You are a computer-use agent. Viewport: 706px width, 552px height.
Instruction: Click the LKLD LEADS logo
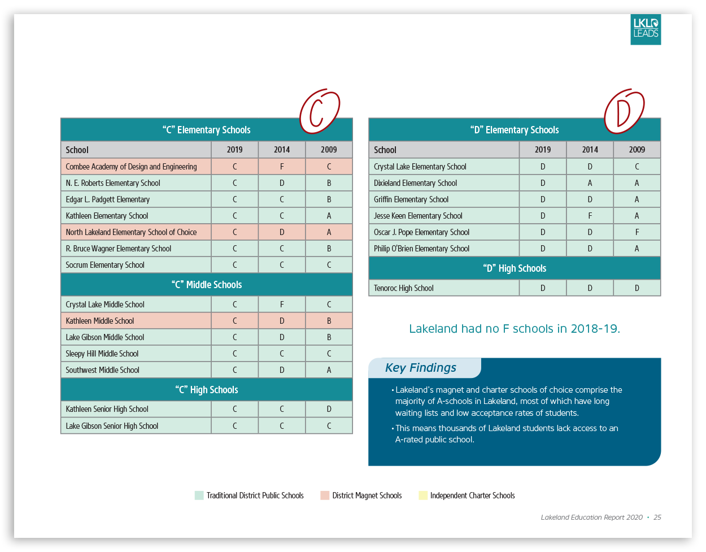click(x=646, y=29)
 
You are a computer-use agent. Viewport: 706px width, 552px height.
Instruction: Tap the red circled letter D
click(x=624, y=111)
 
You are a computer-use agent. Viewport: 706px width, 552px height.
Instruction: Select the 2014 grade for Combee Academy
click(x=282, y=167)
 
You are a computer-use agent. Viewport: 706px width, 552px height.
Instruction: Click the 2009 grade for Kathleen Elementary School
click(x=329, y=216)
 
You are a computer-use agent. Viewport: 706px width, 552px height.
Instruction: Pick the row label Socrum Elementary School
click(x=105, y=265)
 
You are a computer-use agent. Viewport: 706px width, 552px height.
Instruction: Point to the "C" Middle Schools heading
click(x=207, y=285)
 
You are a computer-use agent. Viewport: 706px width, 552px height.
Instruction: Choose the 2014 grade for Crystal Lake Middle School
click(x=282, y=305)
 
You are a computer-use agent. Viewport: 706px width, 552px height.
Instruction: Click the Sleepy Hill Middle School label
click(x=102, y=354)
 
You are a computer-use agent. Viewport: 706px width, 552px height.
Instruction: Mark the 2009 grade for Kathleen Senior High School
click(x=329, y=409)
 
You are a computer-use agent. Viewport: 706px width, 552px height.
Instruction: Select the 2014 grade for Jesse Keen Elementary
click(x=590, y=216)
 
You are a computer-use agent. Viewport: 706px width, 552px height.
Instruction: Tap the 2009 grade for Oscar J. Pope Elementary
click(x=637, y=232)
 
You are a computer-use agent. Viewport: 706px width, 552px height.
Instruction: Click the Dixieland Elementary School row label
click(x=415, y=183)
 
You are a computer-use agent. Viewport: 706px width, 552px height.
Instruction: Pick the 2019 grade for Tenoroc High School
click(x=543, y=288)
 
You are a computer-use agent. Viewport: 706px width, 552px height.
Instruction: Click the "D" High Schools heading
click(x=515, y=268)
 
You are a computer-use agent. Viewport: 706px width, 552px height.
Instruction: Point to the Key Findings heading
click(x=421, y=368)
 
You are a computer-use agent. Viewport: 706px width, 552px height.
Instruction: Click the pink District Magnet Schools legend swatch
click(x=325, y=496)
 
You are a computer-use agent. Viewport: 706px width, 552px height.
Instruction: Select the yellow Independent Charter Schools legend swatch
click(x=422, y=496)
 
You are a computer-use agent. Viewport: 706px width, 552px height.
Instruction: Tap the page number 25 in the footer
click(x=657, y=518)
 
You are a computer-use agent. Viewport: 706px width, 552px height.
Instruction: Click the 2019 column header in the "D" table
click(x=543, y=150)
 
